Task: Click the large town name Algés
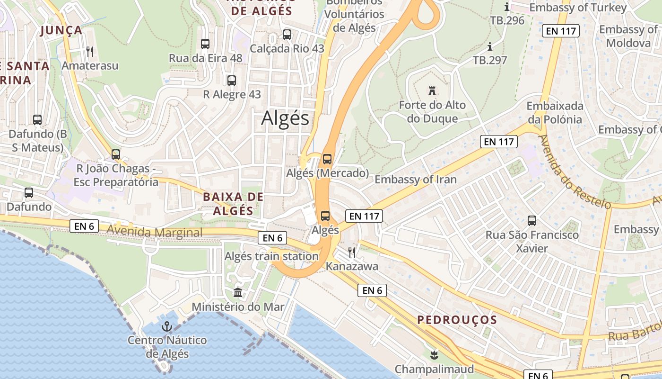tap(285, 118)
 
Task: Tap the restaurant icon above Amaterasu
tap(90, 51)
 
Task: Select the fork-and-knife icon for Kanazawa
tap(351, 252)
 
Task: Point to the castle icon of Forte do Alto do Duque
tap(431, 90)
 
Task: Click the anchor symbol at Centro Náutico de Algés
tap(166, 326)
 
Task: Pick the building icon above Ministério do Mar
tap(238, 292)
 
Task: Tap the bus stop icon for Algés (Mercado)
tap(327, 159)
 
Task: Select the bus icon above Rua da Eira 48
tap(205, 44)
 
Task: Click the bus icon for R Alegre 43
tap(232, 80)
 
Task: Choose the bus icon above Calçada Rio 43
tap(287, 34)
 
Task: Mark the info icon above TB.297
tap(490, 46)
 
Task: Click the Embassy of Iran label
tap(416, 179)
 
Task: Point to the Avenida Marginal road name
tap(155, 232)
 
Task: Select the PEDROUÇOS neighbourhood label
tap(457, 320)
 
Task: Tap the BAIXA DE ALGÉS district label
tap(233, 204)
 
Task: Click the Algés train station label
tap(271, 256)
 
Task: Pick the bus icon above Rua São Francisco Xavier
tap(532, 220)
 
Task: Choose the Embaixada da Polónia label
tap(554, 112)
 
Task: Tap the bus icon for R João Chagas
tap(116, 154)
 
